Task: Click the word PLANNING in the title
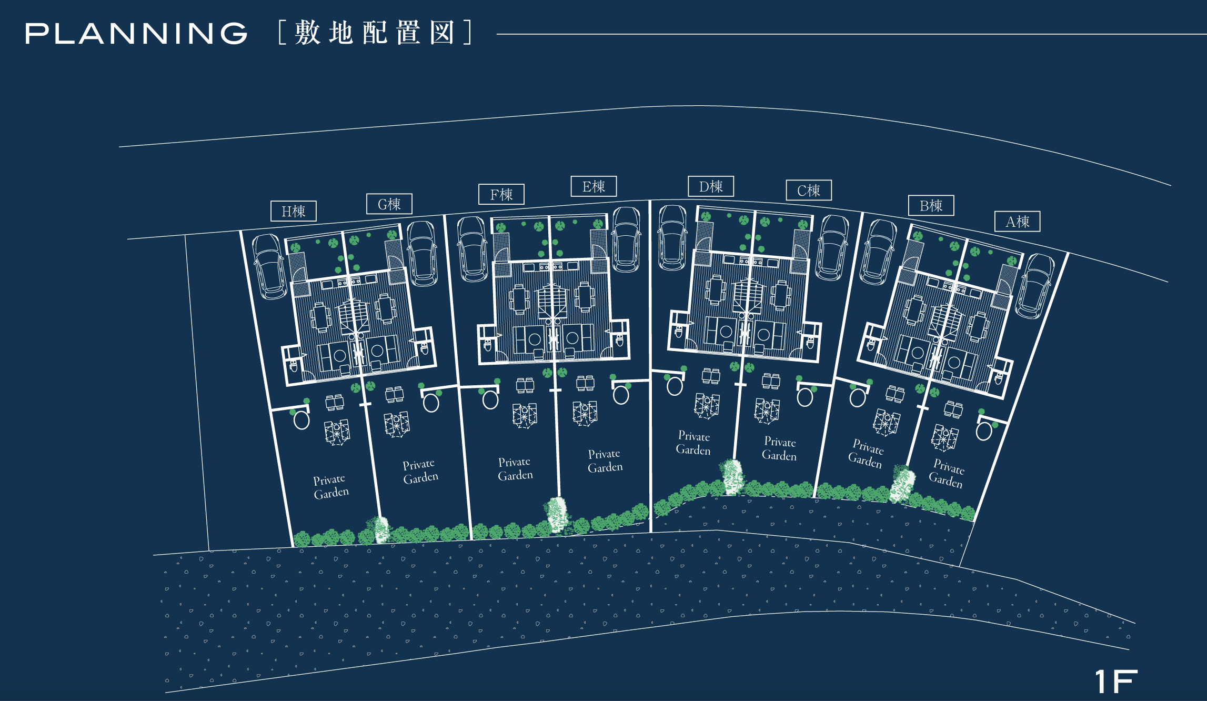pyautogui.click(x=136, y=33)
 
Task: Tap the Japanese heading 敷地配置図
pyautogui.click(x=375, y=33)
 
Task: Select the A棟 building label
pyautogui.click(x=1017, y=222)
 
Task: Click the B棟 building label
pyautogui.click(x=931, y=206)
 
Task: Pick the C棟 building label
pyautogui.click(x=809, y=191)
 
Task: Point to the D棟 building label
pyautogui.click(x=711, y=187)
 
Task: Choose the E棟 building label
pyautogui.click(x=594, y=187)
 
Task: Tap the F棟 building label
pyautogui.click(x=501, y=195)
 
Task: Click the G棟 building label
pyautogui.click(x=389, y=204)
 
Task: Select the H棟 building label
pyautogui.click(x=293, y=212)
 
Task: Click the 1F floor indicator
pyautogui.click(x=1115, y=682)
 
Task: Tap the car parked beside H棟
pyautogui.click(x=269, y=266)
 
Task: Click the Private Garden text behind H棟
pyautogui.click(x=330, y=486)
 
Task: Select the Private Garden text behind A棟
pyautogui.click(x=947, y=473)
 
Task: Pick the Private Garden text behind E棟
pyautogui.click(x=605, y=460)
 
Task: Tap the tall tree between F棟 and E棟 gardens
pyautogui.click(x=557, y=514)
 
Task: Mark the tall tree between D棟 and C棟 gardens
pyautogui.click(x=731, y=477)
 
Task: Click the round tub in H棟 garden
pyautogui.click(x=301, y=420)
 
